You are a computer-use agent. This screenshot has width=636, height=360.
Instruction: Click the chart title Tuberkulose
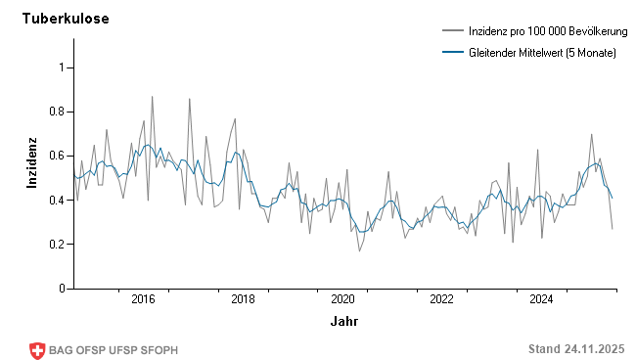point(66,19)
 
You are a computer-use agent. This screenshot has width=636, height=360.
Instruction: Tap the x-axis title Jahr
point(343,321)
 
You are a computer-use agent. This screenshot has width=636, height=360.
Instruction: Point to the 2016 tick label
point(143,299)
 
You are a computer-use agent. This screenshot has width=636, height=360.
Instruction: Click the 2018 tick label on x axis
point(243,299)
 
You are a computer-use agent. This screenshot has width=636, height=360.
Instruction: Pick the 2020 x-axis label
point(342,299)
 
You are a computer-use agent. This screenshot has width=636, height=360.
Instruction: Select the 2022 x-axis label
point(442,299)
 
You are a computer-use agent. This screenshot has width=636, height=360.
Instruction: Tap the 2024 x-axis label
point(542,299)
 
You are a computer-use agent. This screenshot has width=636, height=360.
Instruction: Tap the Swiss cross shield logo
point(38,350)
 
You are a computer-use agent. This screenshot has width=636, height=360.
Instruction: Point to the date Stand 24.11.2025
point(575,349)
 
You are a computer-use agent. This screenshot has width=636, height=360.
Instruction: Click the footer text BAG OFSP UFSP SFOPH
point(114,350)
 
